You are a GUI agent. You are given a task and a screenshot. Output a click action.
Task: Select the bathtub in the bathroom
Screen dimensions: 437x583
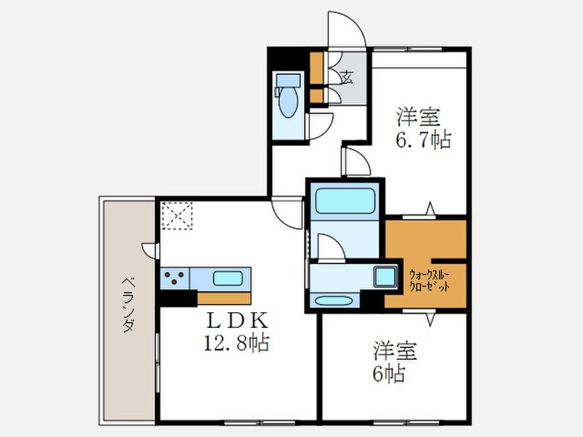344,201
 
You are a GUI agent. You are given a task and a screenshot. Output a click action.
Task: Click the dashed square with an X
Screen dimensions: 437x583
177,217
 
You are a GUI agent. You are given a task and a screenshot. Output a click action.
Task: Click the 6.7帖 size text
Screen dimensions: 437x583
422,138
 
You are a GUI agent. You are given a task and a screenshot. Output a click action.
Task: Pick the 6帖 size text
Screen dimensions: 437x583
389,373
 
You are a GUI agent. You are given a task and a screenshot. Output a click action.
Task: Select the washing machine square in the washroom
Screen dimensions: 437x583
386,276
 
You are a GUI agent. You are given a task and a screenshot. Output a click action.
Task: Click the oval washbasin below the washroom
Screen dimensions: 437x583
334,300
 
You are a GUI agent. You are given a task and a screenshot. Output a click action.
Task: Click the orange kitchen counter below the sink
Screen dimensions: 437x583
225,297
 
